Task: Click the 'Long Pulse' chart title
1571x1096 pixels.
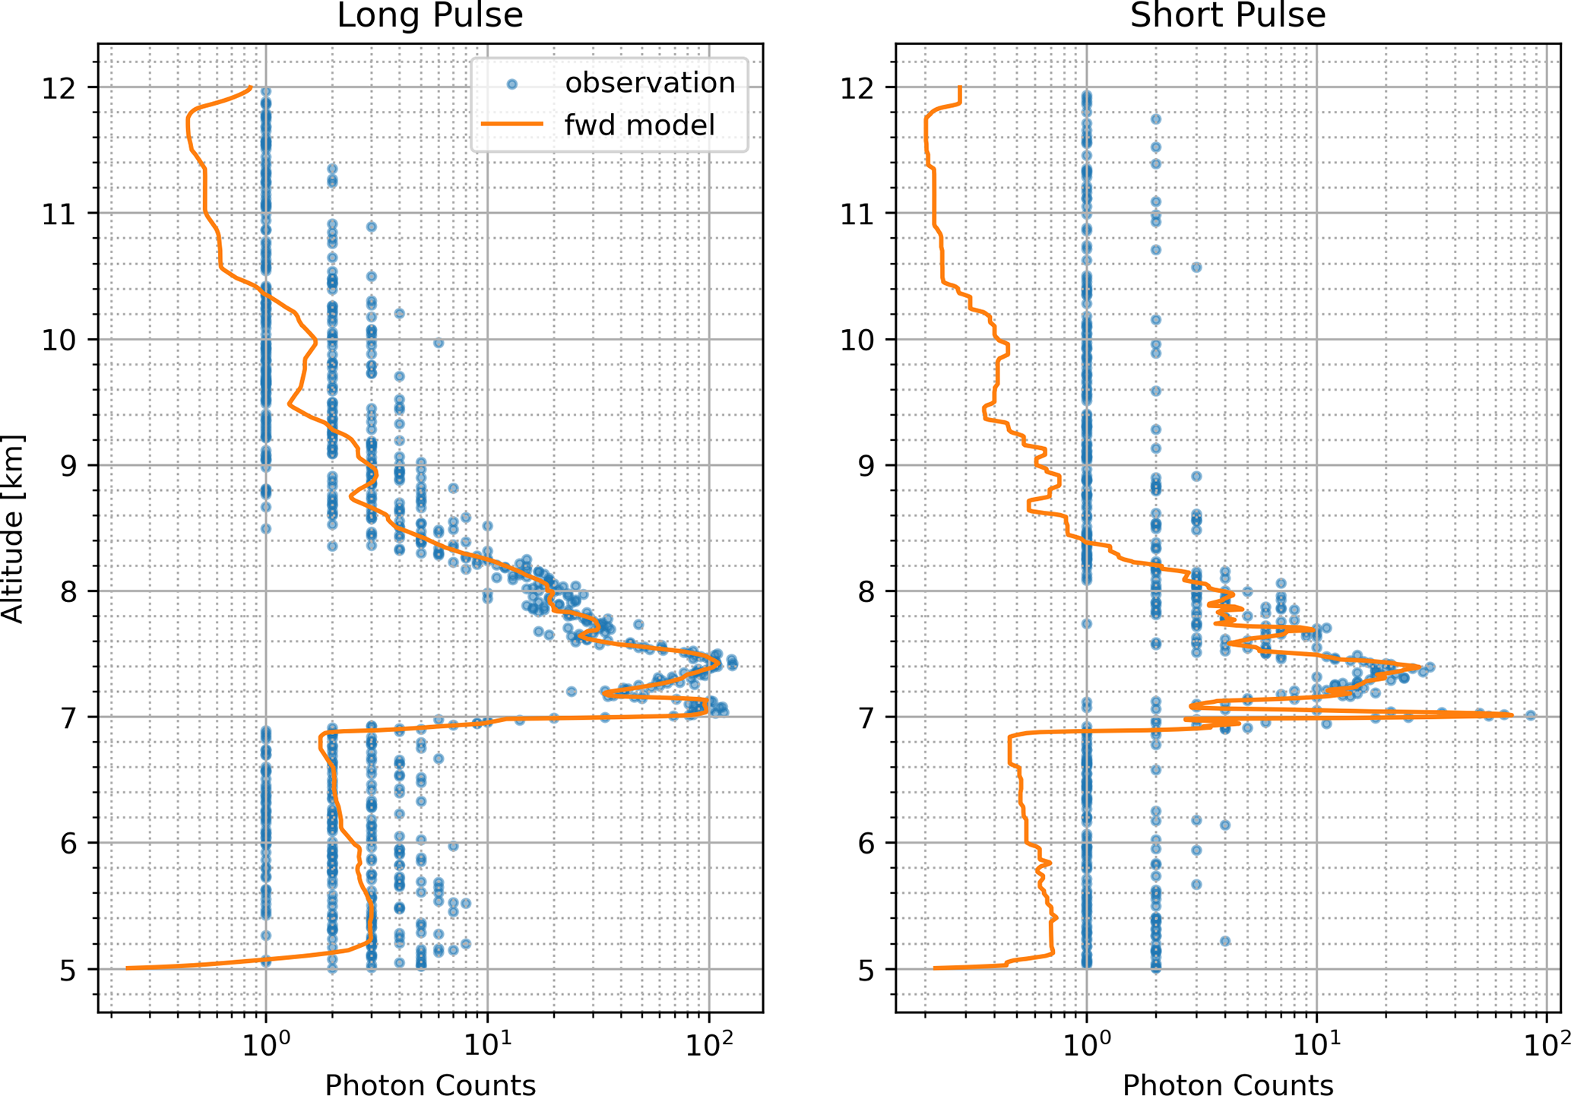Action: click(429, 15)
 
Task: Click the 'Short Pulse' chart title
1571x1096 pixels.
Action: click(1227, 15)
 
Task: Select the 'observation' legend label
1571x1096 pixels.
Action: click(650, 83)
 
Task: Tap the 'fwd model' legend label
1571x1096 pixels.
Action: click(639, 125)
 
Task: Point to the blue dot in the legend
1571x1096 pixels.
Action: click(512, 84)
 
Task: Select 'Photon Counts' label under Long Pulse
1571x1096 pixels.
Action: click(430, 1084)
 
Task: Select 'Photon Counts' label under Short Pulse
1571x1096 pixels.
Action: click(1227, 1084)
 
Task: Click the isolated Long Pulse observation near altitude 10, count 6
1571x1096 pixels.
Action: click(439, 344)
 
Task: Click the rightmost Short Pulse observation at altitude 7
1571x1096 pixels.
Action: click(1531, 715)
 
